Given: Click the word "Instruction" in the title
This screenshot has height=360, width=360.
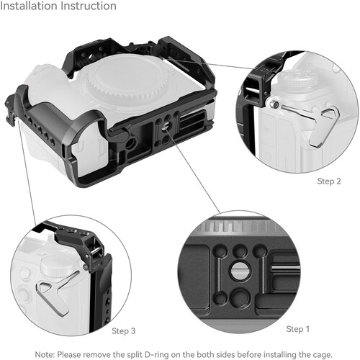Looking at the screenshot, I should [x=89, y=6].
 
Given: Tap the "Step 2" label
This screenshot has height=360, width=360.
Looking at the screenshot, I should [x=329, y=181].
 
